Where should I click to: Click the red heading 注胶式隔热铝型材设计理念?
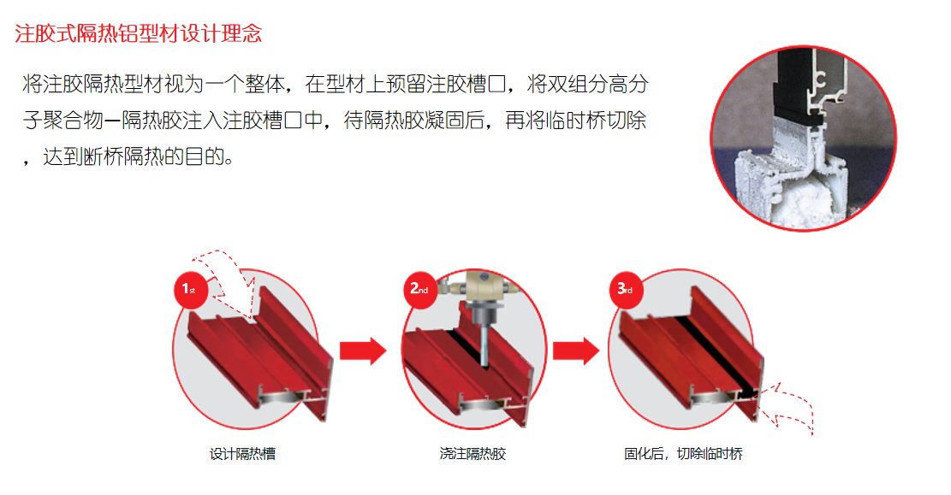(139, 34)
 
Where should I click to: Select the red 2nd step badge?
(419, 289)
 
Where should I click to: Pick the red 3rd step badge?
(625, 289)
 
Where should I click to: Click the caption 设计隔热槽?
(242, 454)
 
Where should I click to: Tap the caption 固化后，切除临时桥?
(683, 454)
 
